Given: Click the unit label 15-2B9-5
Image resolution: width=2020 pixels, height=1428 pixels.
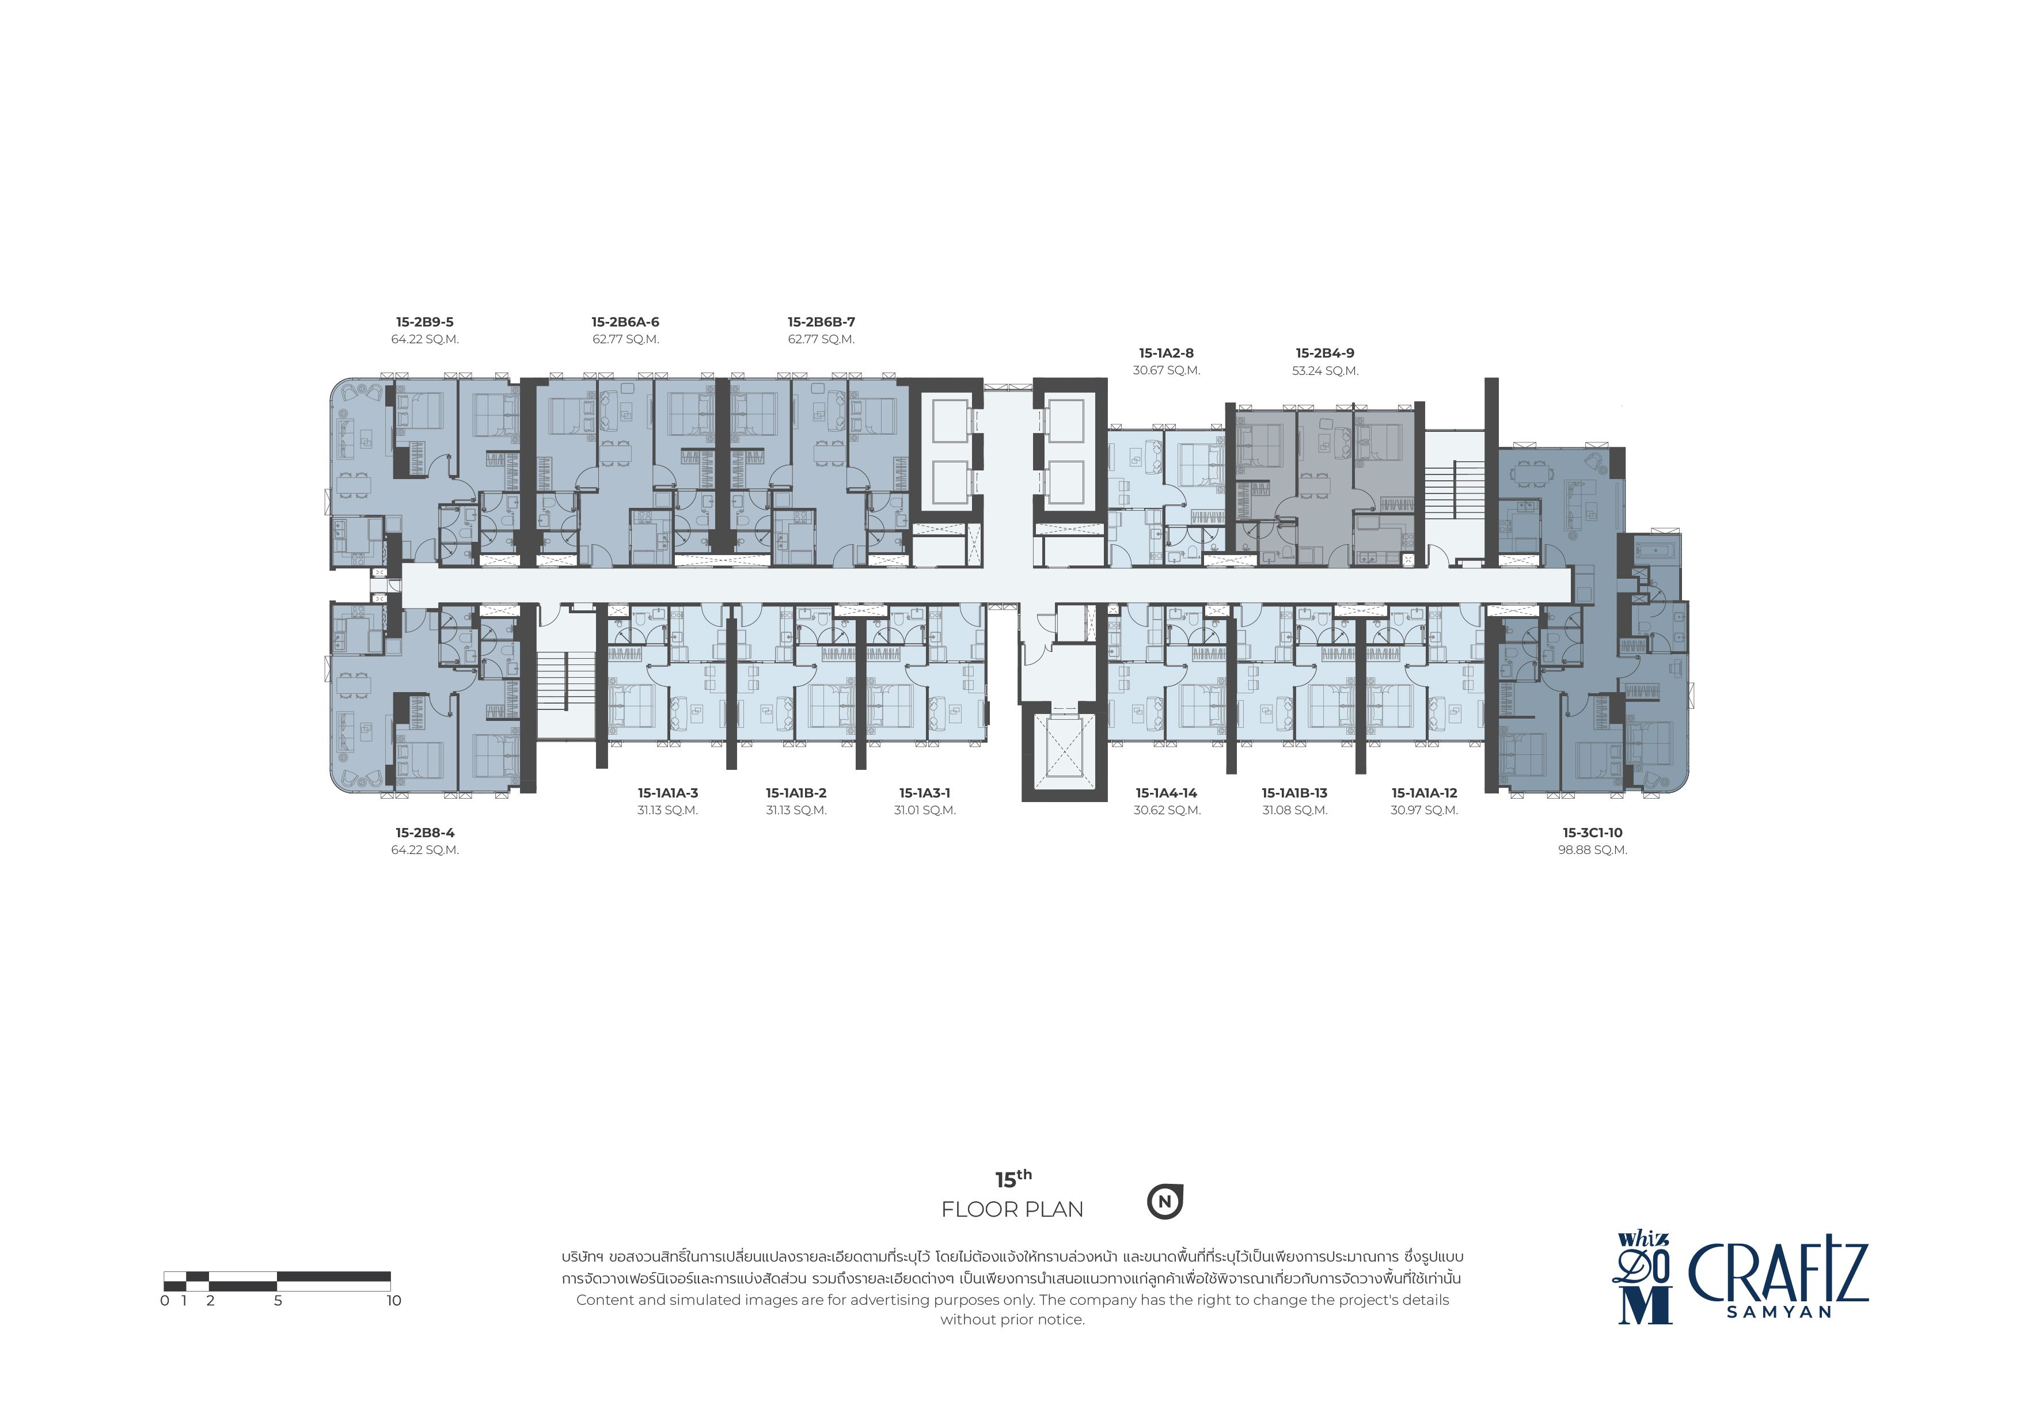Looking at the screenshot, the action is (425, 322).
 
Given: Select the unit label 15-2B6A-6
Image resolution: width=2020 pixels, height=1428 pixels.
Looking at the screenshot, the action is (625, 322).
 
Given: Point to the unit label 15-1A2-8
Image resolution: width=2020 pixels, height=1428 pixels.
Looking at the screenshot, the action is (1167, 353).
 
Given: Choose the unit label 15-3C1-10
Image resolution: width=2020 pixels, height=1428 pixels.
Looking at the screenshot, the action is (1592, 833).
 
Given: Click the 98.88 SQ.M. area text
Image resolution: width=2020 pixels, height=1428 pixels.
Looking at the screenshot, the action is (1592, 850).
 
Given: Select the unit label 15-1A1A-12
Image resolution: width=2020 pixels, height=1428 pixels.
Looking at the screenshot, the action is (1425, 793).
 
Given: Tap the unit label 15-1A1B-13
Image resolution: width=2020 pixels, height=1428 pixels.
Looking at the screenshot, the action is (1295, 793).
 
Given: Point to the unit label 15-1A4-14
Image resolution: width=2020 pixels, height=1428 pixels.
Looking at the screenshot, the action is (1167, 793).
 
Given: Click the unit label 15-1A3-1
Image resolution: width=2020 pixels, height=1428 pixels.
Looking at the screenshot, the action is (925, 793).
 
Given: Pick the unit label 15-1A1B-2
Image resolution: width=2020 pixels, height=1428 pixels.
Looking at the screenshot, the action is (796, 793).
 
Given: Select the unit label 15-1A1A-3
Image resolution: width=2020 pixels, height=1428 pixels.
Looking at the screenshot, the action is (668, 793).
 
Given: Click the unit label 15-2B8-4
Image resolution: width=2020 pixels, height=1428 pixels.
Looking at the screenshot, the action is (425, 833).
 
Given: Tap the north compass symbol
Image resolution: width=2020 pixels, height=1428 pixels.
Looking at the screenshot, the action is (1165, 1202).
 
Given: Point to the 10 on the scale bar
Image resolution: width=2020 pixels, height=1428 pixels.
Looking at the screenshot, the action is (393, 1300).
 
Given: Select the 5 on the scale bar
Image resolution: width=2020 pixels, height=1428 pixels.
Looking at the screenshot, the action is (278, 1300).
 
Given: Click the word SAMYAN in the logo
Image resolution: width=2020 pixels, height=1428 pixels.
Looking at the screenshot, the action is (1779, 1312).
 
